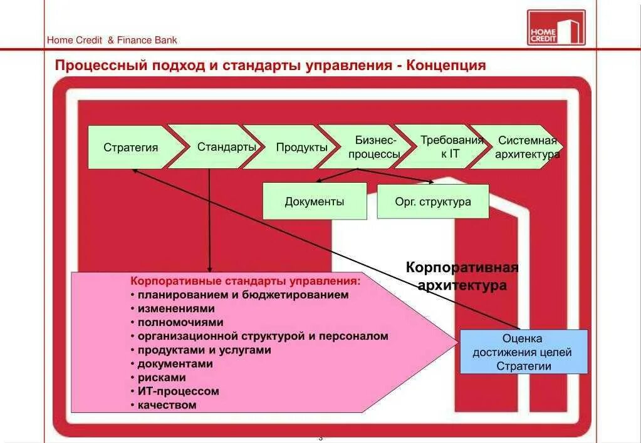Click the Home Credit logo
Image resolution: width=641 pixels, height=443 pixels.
556,28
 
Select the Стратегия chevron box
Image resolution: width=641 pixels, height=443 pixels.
131,148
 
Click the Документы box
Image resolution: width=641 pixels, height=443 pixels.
315,201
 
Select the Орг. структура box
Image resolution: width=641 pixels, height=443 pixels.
433,201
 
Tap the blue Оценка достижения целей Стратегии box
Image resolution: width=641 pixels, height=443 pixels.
524,352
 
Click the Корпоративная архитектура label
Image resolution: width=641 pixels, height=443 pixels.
462,277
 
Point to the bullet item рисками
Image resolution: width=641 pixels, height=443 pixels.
162,377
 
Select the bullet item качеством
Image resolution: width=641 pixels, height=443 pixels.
167,405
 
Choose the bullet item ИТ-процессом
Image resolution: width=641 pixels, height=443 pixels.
178,391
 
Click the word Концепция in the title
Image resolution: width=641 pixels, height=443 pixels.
446,65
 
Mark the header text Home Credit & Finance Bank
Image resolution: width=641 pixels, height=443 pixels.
112,40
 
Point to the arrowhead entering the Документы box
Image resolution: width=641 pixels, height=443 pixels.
318,181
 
